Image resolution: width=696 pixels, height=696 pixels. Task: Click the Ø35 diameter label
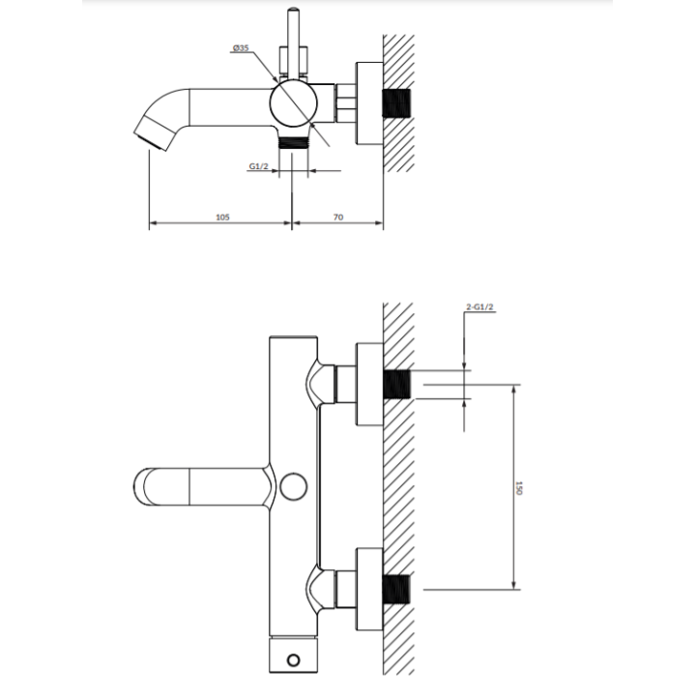(x=241, y=48)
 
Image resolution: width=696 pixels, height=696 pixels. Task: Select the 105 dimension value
(x=222, y=217)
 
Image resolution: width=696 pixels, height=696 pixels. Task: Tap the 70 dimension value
(x=338, y=217)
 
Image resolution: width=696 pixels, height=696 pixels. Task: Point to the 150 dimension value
(x=519, y=488)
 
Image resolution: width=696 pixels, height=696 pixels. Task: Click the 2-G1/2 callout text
(x=479, y=306)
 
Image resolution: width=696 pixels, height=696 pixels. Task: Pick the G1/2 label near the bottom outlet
(x=259, y=166)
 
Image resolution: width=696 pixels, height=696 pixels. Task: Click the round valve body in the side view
(x=294, y=103)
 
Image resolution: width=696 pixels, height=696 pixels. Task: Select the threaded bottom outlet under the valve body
(x=293, y=142)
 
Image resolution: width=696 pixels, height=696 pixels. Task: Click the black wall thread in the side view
(x=397, y=103)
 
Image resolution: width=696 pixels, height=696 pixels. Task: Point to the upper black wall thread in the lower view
(x=397, y=385)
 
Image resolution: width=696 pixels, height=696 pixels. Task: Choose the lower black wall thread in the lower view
(x=397, y=590)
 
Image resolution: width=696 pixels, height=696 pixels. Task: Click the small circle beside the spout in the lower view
(x=294, y=486)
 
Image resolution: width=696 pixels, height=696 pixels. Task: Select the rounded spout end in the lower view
(x=147, y=486)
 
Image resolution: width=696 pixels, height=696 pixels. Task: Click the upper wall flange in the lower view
(x=369, y=385)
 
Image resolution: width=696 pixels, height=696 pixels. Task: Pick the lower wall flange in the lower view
(x=369, y=590)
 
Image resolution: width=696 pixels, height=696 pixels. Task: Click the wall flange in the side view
(x=369, y=103)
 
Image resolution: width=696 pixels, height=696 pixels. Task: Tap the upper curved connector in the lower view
(x=321, y=385)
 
